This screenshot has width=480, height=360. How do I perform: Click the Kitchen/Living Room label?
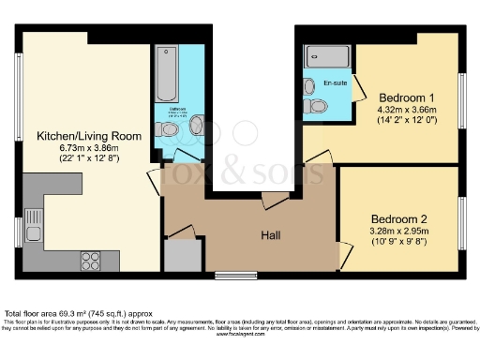[89, 136]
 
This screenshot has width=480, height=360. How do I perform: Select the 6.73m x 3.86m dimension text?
[89, 148]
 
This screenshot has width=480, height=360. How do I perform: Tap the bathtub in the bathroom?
[167, 75]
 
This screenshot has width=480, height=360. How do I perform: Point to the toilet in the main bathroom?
[199, 126]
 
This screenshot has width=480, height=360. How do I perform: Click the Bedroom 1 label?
[407, 97]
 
